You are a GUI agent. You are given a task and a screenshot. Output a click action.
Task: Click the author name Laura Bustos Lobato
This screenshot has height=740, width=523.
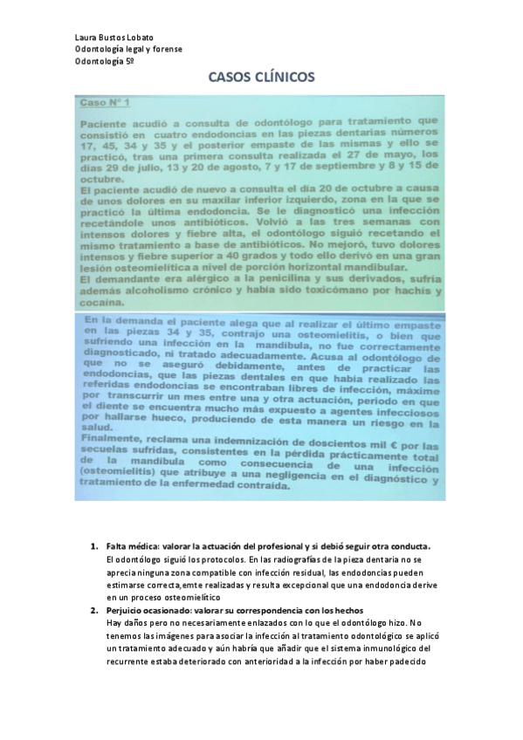[108, 38]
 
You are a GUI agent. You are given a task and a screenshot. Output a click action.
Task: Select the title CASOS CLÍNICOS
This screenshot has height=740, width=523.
[261, 77]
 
